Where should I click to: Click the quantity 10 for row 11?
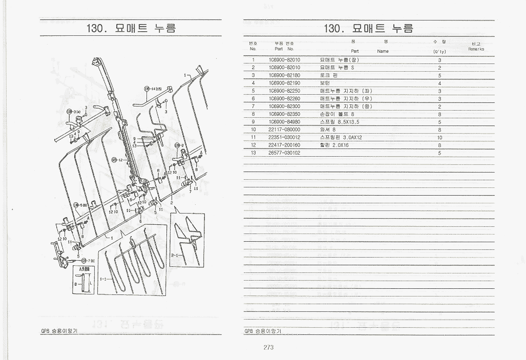coord(439,137)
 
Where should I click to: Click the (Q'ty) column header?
coord(439,51)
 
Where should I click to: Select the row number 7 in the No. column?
coord(253,107)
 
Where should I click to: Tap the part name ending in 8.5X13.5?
coord(339,122)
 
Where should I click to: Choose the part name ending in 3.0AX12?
coord(341,137)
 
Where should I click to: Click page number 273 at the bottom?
coord(268,347)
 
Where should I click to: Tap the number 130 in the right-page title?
coord(335,28)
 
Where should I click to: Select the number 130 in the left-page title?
coord(97,28)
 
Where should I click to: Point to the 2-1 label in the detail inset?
coord(175,255)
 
